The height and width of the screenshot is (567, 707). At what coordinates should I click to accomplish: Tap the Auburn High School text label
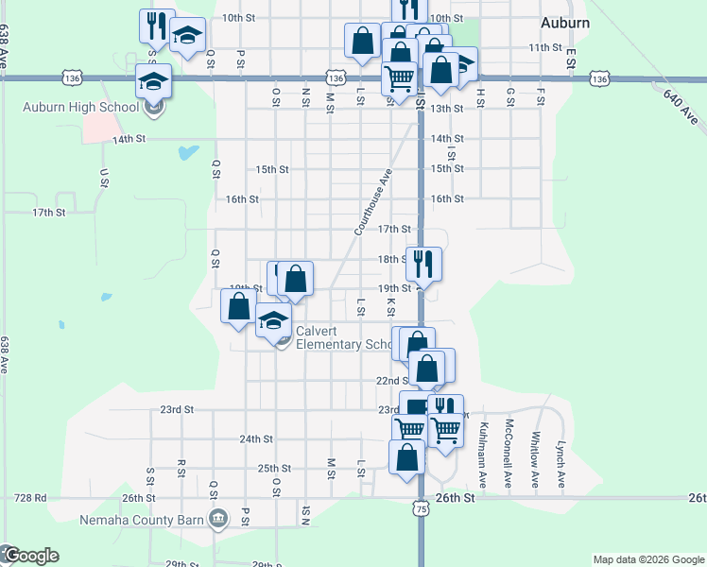(x=81, y=106)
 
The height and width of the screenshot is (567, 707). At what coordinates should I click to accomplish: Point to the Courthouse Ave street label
(x=372, y=202)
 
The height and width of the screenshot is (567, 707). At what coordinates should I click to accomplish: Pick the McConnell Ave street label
(x=509, y=453)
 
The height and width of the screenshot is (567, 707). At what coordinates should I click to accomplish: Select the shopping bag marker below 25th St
(x=406, y=457)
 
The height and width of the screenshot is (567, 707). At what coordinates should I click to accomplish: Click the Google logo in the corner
(x=30, y=556)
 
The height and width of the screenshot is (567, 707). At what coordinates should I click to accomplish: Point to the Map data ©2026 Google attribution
(x=648, y=559)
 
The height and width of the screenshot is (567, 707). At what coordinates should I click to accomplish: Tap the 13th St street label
(x=446, y=109)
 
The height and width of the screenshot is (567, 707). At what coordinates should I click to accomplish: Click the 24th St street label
(x=256, y=439)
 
